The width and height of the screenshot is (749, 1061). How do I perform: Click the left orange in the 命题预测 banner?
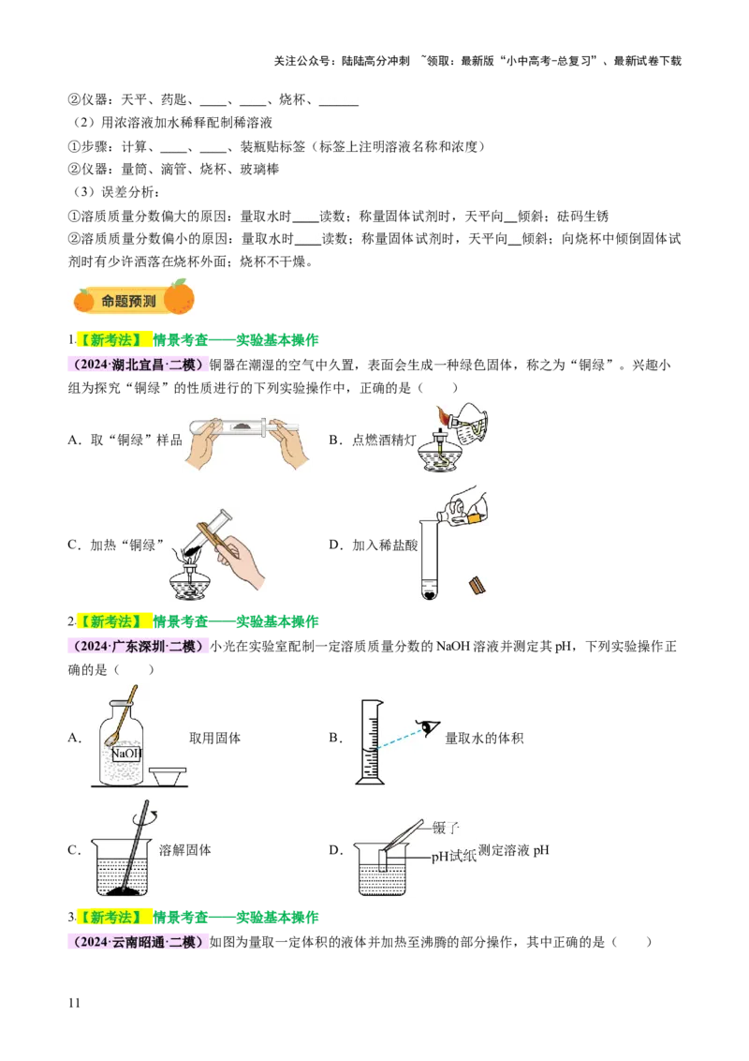84,300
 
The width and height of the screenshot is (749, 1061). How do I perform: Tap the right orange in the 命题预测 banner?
179,296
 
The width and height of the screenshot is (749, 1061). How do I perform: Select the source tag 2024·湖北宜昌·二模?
139,366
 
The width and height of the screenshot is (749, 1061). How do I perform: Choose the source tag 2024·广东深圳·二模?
141,647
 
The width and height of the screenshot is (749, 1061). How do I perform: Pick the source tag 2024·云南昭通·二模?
139,942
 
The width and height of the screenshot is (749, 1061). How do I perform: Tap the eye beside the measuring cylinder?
429,727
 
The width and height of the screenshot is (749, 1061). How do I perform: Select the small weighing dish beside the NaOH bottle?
168,775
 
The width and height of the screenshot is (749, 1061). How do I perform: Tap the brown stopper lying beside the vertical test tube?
477,584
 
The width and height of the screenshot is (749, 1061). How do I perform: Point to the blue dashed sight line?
398,739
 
